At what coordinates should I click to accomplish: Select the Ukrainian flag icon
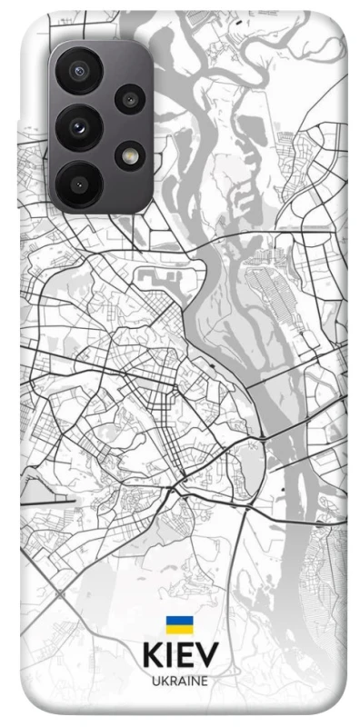coord(178,625)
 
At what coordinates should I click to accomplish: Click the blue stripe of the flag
coord(178,621)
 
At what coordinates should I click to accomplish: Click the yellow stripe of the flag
coord(178,630)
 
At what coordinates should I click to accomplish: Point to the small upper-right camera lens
coord(130,99)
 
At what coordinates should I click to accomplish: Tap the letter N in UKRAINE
coord(195,682)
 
